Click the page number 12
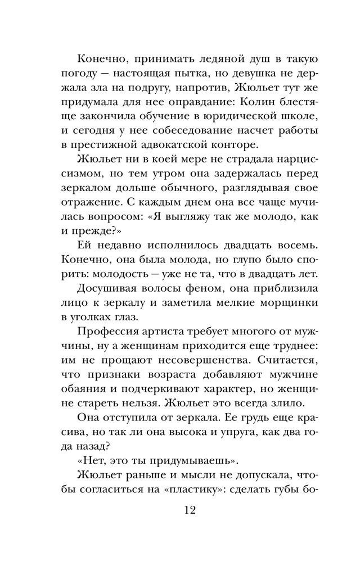point(180,513)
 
